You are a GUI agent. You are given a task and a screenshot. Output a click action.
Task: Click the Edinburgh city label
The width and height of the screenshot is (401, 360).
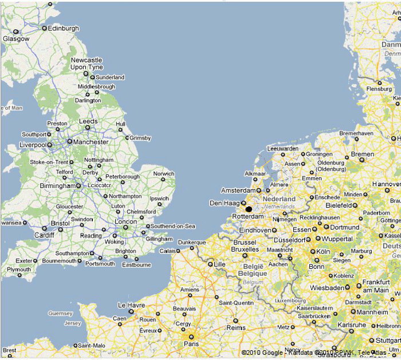click(64, 28)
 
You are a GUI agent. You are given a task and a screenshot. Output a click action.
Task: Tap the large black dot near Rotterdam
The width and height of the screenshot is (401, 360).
click(249, 209)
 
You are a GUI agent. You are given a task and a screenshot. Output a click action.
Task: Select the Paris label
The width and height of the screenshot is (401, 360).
click(191, 344)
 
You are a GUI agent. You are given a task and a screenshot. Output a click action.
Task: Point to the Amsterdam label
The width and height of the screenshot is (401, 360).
click(238, 190)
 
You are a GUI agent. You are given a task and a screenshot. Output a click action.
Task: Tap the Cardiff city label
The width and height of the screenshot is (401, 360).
click(44, 235)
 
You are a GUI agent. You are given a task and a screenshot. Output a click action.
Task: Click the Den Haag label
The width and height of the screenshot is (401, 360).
click(223, 204)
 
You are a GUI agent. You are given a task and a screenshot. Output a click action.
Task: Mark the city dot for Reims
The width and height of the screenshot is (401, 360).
click(235, 320)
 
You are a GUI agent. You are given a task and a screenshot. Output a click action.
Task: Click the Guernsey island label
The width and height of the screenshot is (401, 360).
click(61, 314)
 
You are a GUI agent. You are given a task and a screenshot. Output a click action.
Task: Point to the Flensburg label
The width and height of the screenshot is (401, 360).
click(379, 89)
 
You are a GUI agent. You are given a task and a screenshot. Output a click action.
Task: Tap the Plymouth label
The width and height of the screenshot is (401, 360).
click(19, 269)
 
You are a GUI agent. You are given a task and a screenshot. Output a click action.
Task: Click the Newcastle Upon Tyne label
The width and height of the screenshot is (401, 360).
click(87, 64)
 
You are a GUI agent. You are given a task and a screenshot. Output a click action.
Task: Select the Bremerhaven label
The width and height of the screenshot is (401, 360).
click(356, 133)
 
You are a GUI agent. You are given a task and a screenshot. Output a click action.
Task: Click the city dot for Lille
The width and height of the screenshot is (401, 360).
click(210, 264)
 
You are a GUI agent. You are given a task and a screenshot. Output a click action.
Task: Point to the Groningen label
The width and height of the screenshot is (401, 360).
click(319, 154)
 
